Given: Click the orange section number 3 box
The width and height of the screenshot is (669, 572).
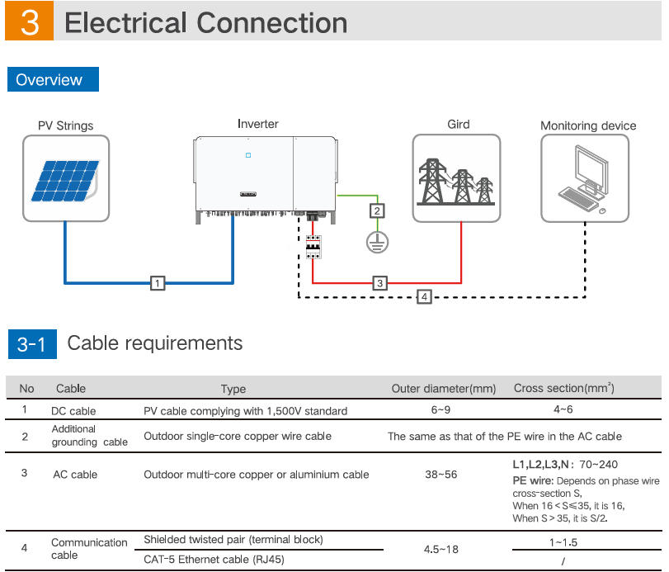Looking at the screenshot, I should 29,22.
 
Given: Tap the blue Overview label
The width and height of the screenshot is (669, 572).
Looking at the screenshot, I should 51,80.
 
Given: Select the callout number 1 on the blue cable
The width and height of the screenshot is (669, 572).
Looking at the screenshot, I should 158,283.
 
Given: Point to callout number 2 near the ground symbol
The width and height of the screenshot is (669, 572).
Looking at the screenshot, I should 377,210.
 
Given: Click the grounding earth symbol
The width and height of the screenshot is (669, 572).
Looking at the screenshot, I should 377,242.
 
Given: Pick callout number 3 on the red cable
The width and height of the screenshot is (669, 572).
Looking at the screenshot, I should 379,283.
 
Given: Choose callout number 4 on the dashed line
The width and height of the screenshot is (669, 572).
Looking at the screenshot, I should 424,295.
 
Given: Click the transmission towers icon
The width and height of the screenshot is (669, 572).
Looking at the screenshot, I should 456,180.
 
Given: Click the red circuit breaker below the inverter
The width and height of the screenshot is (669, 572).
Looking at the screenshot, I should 313,247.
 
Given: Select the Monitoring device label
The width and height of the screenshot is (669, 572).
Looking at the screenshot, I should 588,126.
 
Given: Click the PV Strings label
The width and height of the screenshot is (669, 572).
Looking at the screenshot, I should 66,126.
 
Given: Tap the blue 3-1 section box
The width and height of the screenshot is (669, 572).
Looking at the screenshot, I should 32,344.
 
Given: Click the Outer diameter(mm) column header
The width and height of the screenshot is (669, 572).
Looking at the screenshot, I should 444,388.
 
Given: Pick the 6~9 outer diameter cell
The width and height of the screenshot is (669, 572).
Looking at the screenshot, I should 444,410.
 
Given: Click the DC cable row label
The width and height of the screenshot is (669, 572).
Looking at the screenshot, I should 74,410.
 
